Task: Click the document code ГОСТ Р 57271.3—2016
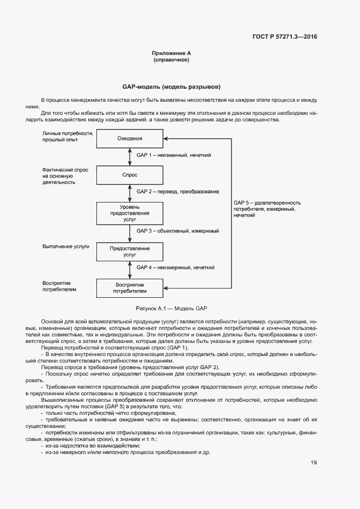click(x=285, y=37)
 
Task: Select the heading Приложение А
click(x=171, y=53)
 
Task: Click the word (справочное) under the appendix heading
click(x=171, y=59)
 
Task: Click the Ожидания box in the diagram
click(x=130, y=138)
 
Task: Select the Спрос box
click(x=130, y=175)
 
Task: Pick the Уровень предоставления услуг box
click(x=130, y=213)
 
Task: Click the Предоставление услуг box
click(x=130, y=251)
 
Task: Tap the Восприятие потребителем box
click(x=130, y=288)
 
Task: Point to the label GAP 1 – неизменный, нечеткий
click(x=174, y=156)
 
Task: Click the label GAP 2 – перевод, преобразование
click(x=178, y=192)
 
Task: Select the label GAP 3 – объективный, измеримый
click(x=178, y=231)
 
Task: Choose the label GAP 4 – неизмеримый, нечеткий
click(x=175, y=267)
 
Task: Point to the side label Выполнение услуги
click(x=65, y=247)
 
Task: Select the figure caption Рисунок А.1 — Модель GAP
click(x=171, y=308)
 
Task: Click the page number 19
click(x=314, y=463)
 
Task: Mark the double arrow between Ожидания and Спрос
click(x=130, y=156)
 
